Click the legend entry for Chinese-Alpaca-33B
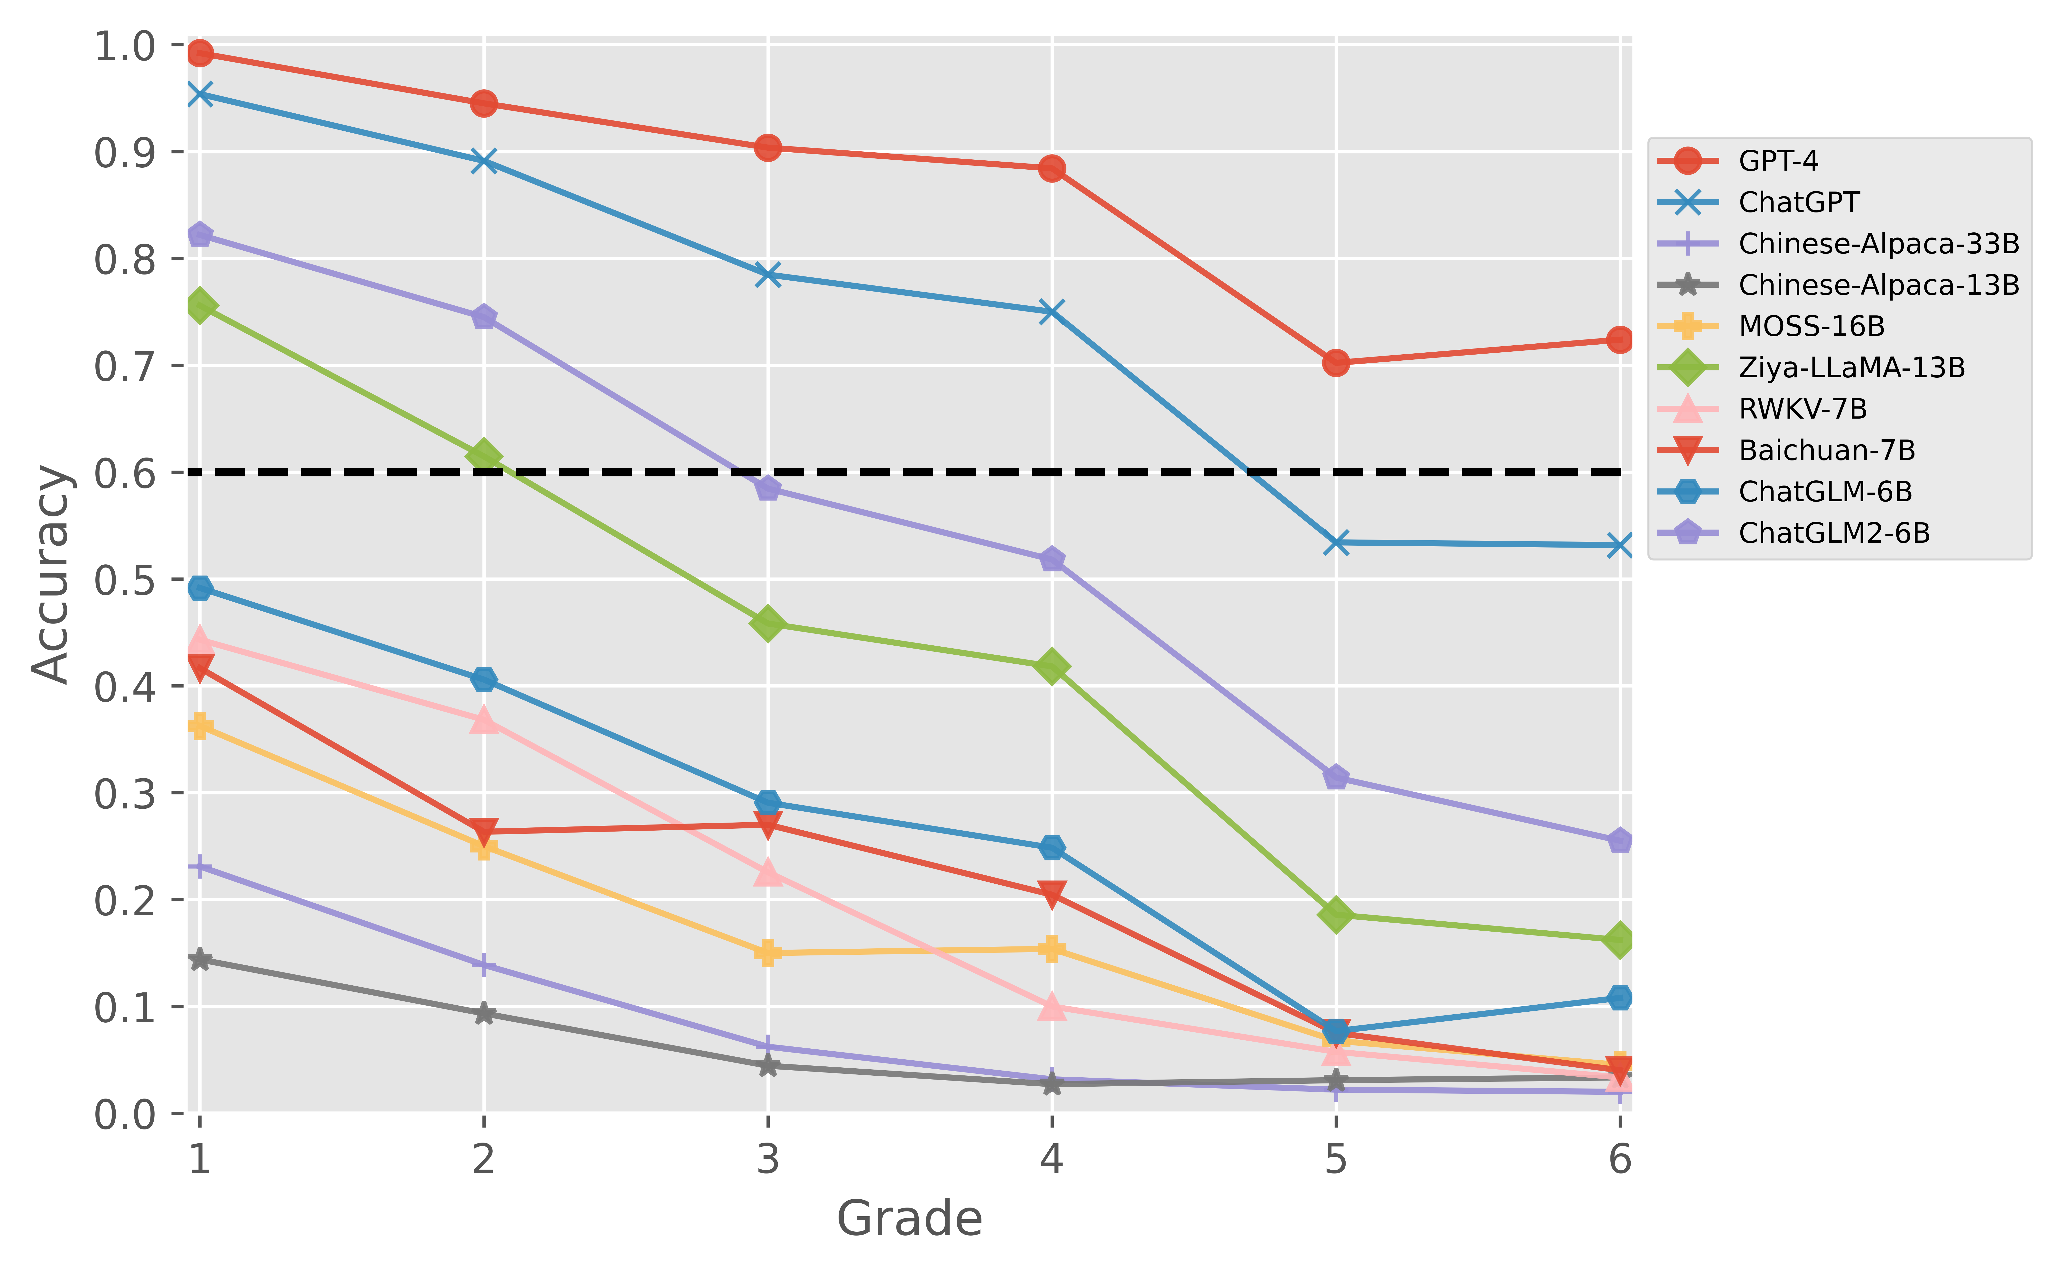click(1879, 244)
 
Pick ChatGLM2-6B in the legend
click(1833, 532)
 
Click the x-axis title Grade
click(909, 1218)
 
